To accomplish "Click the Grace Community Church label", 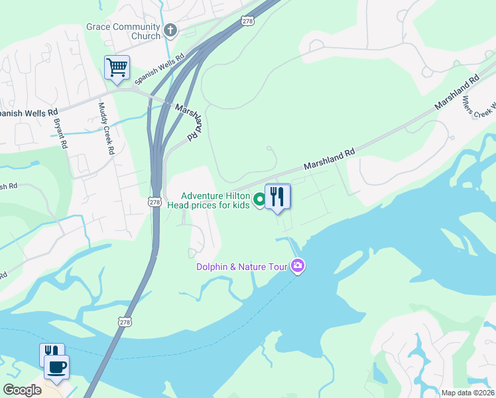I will (123, 31).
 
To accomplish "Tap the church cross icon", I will (170, 31).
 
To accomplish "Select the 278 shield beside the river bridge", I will (125, 321).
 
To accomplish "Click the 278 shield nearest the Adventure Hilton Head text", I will (155, 202).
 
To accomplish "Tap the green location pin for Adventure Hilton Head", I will (259, 198).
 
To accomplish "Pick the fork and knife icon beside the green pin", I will (277, 197).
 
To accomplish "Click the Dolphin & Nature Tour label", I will (241, 267).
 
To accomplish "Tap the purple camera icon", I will (298, 267).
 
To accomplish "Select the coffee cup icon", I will (56, 365).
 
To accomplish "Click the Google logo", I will (22, 390).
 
